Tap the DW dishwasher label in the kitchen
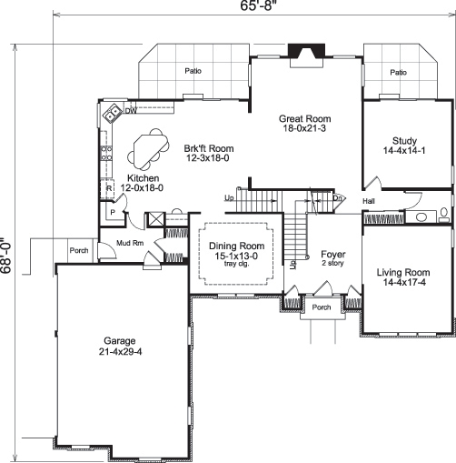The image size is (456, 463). (x=131, y=112)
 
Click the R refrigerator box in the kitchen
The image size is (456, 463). (x=109, y=188)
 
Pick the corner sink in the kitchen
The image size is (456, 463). (x=112, y=114)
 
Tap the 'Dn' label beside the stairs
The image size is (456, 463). (x=336, y=197)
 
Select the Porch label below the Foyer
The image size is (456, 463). (x=322, y=307)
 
